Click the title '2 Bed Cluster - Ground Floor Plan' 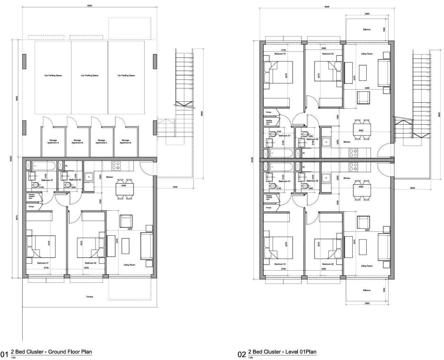coord(51,352)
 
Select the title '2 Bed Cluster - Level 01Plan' coord(282,352)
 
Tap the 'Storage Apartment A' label coord(53,142)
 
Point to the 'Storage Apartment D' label coord(125,142)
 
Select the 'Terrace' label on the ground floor coord(89,297)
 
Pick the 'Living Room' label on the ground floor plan coord(129,265)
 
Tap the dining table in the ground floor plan coord(124,189)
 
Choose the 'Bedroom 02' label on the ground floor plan coord(90,263)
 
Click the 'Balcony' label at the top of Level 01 coord(367,30)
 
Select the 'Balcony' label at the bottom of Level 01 coord(367,290)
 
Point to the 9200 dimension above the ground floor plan coord(90,6)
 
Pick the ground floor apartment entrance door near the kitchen coord(145,168)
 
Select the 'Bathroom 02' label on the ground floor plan coord(75,180)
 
